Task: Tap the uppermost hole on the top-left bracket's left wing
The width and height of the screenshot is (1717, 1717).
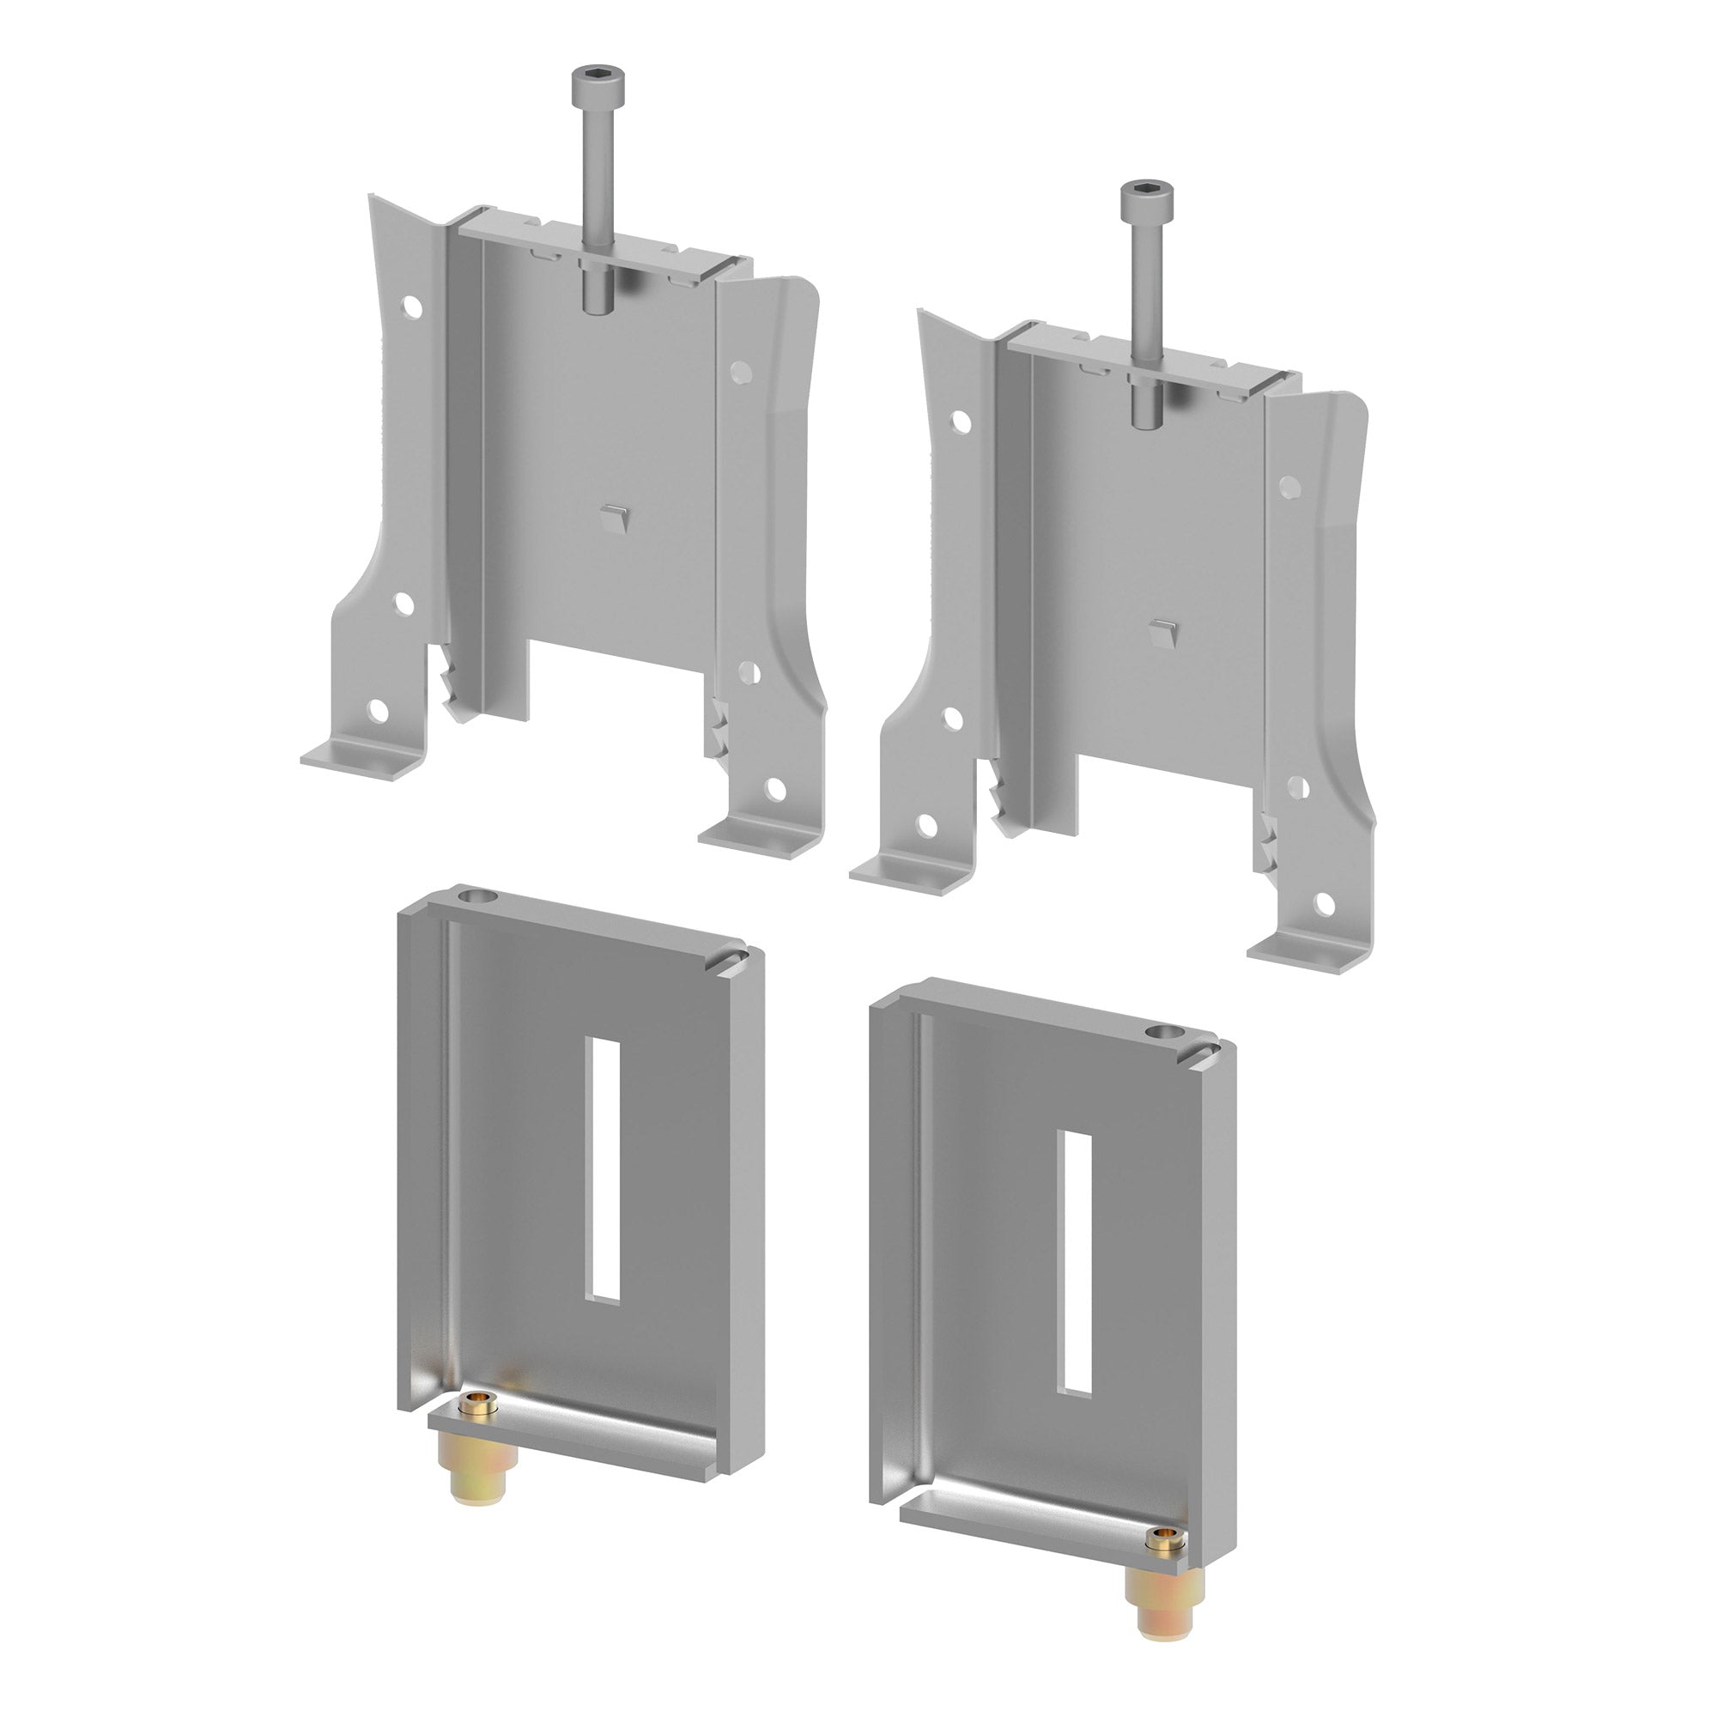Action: [412, 306]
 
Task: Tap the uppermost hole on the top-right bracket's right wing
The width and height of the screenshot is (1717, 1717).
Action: [1290, 486]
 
